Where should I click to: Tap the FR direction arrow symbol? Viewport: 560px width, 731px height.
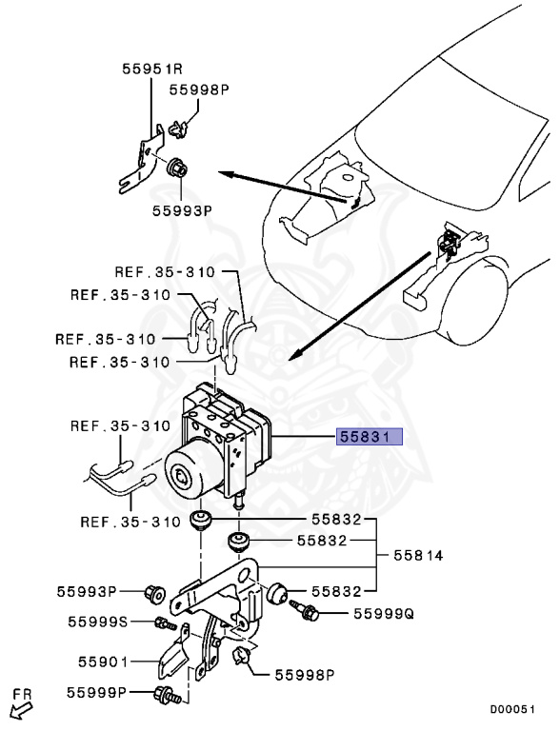[18, 705]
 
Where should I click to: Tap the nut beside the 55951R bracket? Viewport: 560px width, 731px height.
[177, 169]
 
